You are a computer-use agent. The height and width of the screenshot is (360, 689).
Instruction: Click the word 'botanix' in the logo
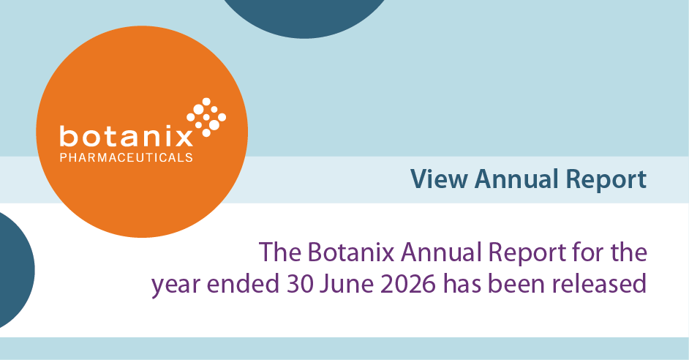(x=126, y=136)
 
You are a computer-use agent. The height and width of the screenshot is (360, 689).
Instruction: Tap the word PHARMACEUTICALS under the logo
(x=126, y=157)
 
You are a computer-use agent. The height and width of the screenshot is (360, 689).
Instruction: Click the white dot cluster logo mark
(x=206, y=116)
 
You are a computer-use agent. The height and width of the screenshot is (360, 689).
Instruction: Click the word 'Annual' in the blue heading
(x=516, y=179)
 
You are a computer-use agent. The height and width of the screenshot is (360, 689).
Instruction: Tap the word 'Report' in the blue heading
(x=606, y=180)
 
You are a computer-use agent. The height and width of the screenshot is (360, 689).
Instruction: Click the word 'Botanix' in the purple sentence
(x=350, y=252)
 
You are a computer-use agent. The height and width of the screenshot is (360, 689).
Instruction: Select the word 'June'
(x=347, y=285)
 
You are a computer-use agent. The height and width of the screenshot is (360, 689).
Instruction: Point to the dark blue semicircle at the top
(x=304, y=17)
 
